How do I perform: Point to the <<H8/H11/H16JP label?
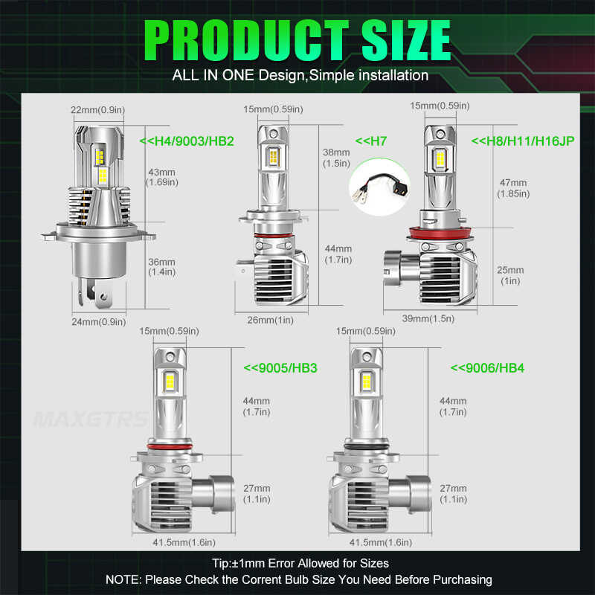pos(522,139)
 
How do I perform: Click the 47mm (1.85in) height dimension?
pos(513,187)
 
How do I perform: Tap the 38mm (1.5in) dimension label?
pos(337,157)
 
